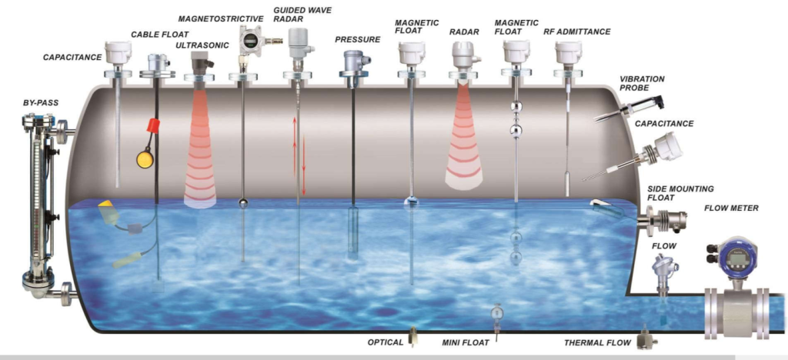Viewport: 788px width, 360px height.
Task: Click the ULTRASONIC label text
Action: [x=202, y=45]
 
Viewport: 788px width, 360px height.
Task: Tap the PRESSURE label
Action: [x=358, y=39]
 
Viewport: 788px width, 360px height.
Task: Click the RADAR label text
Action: [x=465, y=32]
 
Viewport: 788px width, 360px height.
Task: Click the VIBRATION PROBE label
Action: [x=642, y=84]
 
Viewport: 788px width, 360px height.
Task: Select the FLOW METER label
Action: [x=731, y=208]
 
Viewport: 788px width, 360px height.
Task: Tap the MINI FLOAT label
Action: [x=462, y=342]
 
